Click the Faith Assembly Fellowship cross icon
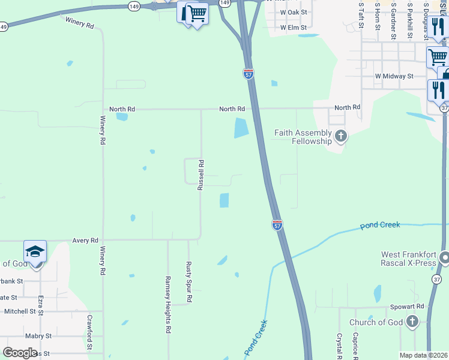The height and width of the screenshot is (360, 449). pos(341,136)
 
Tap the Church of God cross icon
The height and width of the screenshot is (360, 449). pos(412,322)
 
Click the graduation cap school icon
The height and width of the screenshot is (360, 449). pos(35,251)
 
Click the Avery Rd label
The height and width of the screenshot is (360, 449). pos(85,241)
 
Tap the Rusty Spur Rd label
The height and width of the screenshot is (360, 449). pos(188,281)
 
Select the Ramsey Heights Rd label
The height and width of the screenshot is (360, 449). pos(168,305)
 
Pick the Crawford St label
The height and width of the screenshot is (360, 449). pos(89,332)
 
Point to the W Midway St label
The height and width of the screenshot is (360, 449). pos(394,76)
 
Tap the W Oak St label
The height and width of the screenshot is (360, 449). pos(294,12)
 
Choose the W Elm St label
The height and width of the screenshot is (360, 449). pos(294,27)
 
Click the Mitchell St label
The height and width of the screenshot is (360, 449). pos(20,311)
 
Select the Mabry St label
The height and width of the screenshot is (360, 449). pos(39,336)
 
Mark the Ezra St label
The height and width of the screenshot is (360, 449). pos(41,305)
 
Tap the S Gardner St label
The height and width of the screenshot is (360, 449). pos(393,20)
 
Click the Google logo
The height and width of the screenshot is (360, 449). pos(20,352)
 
